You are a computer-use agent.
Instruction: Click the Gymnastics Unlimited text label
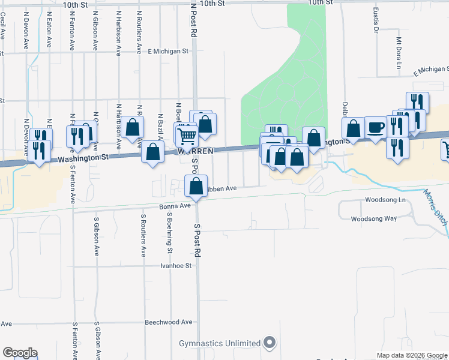pyautogui.click(x=220, y=344)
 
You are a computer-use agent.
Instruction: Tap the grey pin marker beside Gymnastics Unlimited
pyautogui.click(x=270, y=343)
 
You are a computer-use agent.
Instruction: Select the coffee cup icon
pyautogui.click(x=376, y=128)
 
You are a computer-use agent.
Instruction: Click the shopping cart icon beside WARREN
pyautogui.click(x=187, y=136)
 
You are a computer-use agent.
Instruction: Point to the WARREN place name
pyautogui.click(x=193, y=151)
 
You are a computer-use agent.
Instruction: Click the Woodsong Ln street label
pyautogui.click(x=385, y=199)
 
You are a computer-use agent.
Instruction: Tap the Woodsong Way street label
pyautogui.click(x=373, y=219)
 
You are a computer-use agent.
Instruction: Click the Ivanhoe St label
pyautogui.click(x=175, y=265)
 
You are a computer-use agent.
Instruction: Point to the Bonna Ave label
pyautogui.click(x=175, y=206)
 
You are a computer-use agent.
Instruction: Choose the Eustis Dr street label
pyautogui.click(x=375, y=20)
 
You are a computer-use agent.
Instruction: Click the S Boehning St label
pyautogui.click(x=170, y=232)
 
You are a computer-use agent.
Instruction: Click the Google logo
pyautogui.click(x=20, y=353)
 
